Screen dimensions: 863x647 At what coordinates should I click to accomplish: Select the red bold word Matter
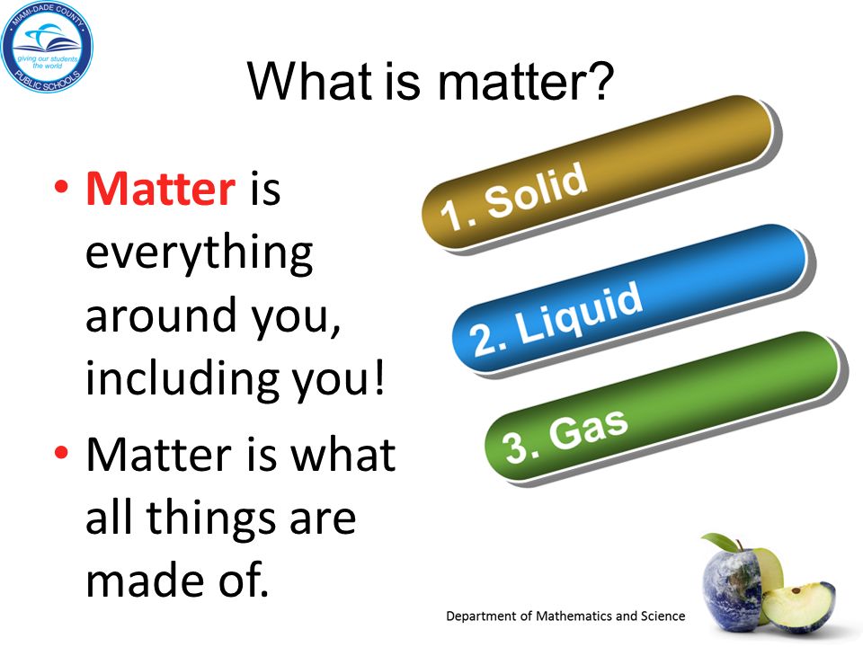(161, 189)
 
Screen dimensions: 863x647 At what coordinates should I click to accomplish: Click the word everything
(200, 254)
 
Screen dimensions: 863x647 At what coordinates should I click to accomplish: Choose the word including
(182, 379)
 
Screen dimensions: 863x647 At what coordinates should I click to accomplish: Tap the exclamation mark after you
(378, 377)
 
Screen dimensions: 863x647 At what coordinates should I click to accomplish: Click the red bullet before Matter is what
(62, 453)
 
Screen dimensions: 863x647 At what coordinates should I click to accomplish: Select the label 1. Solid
(513, 196)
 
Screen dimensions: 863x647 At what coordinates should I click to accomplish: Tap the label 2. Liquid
(556, 318)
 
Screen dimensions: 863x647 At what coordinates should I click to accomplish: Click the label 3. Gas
(565, 436)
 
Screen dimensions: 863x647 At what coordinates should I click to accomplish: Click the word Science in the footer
(663, 616)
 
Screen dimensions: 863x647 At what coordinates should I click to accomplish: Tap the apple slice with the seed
(798, 606)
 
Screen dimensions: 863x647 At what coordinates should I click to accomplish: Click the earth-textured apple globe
(732, 588)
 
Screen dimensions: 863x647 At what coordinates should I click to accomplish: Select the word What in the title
(310, 81)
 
